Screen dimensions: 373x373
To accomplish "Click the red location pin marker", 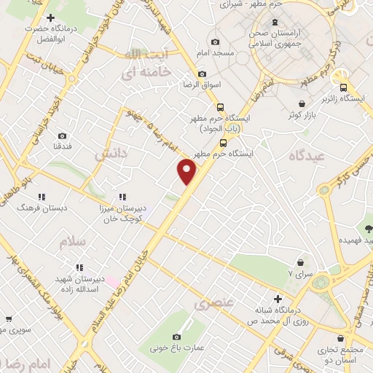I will [188, 171].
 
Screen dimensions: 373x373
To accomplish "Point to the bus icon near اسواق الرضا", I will [202, 73].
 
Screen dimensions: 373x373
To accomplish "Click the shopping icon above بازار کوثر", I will [302, 103].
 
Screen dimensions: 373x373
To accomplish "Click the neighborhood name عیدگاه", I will [305, 157].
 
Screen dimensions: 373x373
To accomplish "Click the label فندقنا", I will [62, 148].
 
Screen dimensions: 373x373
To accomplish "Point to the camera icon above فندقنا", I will [62, 136].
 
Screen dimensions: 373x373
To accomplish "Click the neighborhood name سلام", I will [74, 240].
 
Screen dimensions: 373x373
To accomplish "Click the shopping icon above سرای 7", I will [300, 262].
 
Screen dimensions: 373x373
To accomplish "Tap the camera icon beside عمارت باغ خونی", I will [176, 337].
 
